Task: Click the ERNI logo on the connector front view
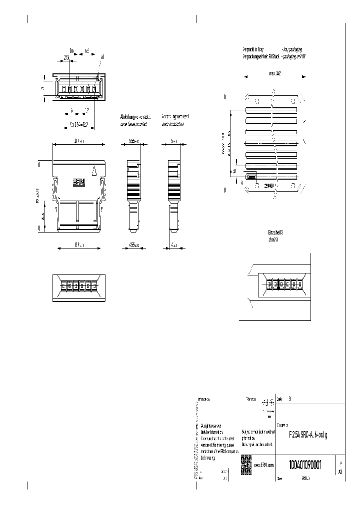click(x=79, y=183)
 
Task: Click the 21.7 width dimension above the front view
click(x=78, y=142)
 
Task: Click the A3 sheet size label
click(x=340, y=471)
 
